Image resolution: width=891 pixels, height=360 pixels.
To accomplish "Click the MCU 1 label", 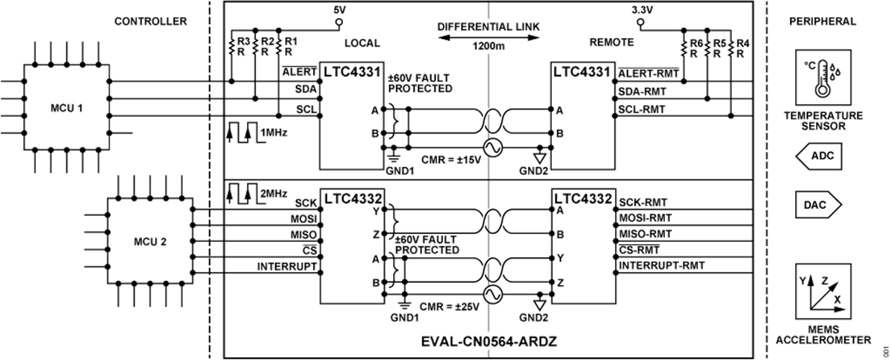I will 67,109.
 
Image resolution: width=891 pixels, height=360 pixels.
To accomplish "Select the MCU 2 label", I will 151,242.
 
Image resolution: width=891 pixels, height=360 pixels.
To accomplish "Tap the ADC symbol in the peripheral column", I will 819,155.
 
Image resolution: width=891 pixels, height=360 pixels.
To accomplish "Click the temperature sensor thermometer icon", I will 819,78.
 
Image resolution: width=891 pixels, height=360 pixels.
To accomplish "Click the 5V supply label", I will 338,11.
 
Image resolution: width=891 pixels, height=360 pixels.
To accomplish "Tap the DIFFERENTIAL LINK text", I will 488,27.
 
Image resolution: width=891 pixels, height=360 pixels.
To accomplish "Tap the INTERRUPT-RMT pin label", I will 661,266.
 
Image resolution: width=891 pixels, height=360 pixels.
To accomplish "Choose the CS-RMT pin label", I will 638,250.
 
